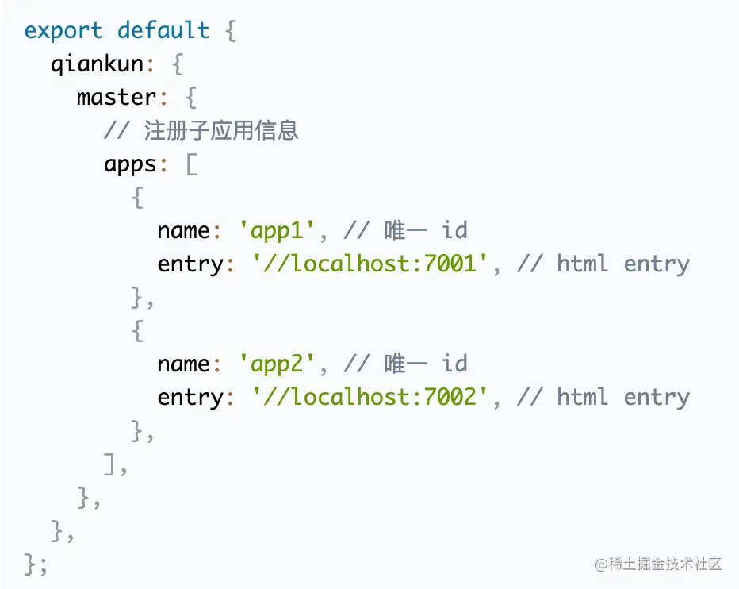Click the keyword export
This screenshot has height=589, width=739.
tap(63, 31)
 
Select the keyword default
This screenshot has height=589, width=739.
tap(163, 31)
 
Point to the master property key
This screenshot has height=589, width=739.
tap(116, 98)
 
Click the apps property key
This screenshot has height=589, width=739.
tap(130, 164)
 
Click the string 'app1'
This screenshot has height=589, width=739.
tap(278, 231)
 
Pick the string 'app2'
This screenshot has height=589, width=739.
tap(278, 364)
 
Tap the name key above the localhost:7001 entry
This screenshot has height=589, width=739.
tap(183, 231)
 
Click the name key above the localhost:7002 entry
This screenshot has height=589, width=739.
tap(183, 364)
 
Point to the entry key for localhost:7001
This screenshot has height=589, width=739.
tap(190, 264)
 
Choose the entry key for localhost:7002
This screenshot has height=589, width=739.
tap(190, 397)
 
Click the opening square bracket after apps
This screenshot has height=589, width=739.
tap(190, 164)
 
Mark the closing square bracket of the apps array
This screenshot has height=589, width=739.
tap(111, 464)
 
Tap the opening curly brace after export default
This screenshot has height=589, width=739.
tap(230, 32)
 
